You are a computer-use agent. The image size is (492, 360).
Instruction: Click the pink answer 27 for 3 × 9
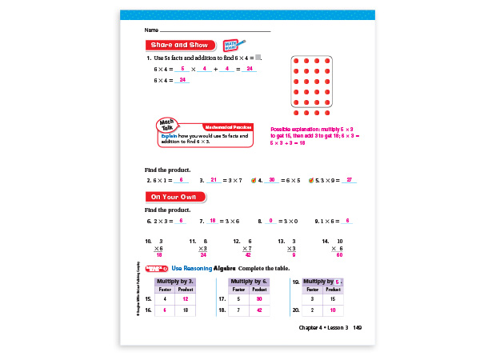tap(349, 180)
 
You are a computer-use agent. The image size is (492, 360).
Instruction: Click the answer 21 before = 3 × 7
tap(214, 180)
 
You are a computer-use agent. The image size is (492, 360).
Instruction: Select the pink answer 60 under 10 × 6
tap(339, 255)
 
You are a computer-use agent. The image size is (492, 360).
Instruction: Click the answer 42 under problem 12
tap(249, 255)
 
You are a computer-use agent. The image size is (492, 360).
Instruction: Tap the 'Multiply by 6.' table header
tap(249, 282)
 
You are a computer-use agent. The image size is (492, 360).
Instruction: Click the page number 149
tap(358, 328)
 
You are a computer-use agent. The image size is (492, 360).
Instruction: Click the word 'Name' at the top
tap(150, 30)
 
